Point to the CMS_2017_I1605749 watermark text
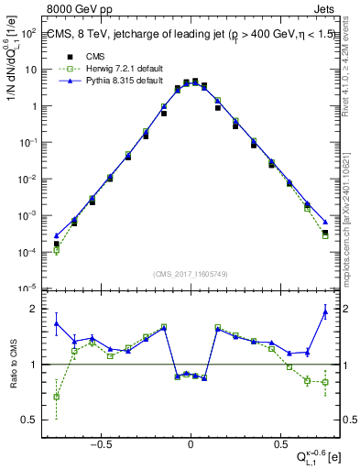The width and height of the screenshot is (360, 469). point(190,274)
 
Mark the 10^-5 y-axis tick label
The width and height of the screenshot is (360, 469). point(27,289)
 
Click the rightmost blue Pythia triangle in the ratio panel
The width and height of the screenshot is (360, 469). point(325,312)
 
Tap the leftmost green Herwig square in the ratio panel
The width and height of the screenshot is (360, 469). point(57,397)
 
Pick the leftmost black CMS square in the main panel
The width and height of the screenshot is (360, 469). point(57,244)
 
